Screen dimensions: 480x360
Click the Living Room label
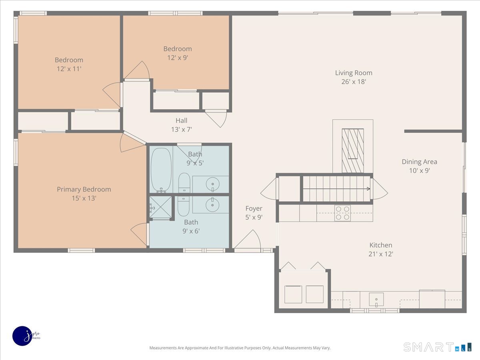[x=354, y=73]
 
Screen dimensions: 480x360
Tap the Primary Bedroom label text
[x=84, y=189]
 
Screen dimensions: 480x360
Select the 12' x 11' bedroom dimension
[x=69, y=69]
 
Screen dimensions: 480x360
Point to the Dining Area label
[x=420, y=162]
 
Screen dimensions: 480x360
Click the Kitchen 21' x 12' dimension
[x=381, y=254]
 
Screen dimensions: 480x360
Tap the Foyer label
[x=254, y=208]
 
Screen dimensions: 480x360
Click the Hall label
[x=181, y=120]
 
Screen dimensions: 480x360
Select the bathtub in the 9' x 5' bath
[x=161, y=170]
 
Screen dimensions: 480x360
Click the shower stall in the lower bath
[x=160, y=207]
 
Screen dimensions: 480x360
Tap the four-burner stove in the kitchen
[x=342, y=213]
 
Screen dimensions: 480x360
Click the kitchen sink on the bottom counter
[x=376, y=300]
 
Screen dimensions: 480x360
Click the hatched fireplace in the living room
[x=353, y=151]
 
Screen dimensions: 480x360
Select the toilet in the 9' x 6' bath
[x=184, y=206]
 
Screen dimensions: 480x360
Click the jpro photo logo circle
[x=22, y=336]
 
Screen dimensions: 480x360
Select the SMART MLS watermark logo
[x=438, y=347]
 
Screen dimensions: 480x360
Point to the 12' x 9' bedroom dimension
[x=178, y=58]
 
